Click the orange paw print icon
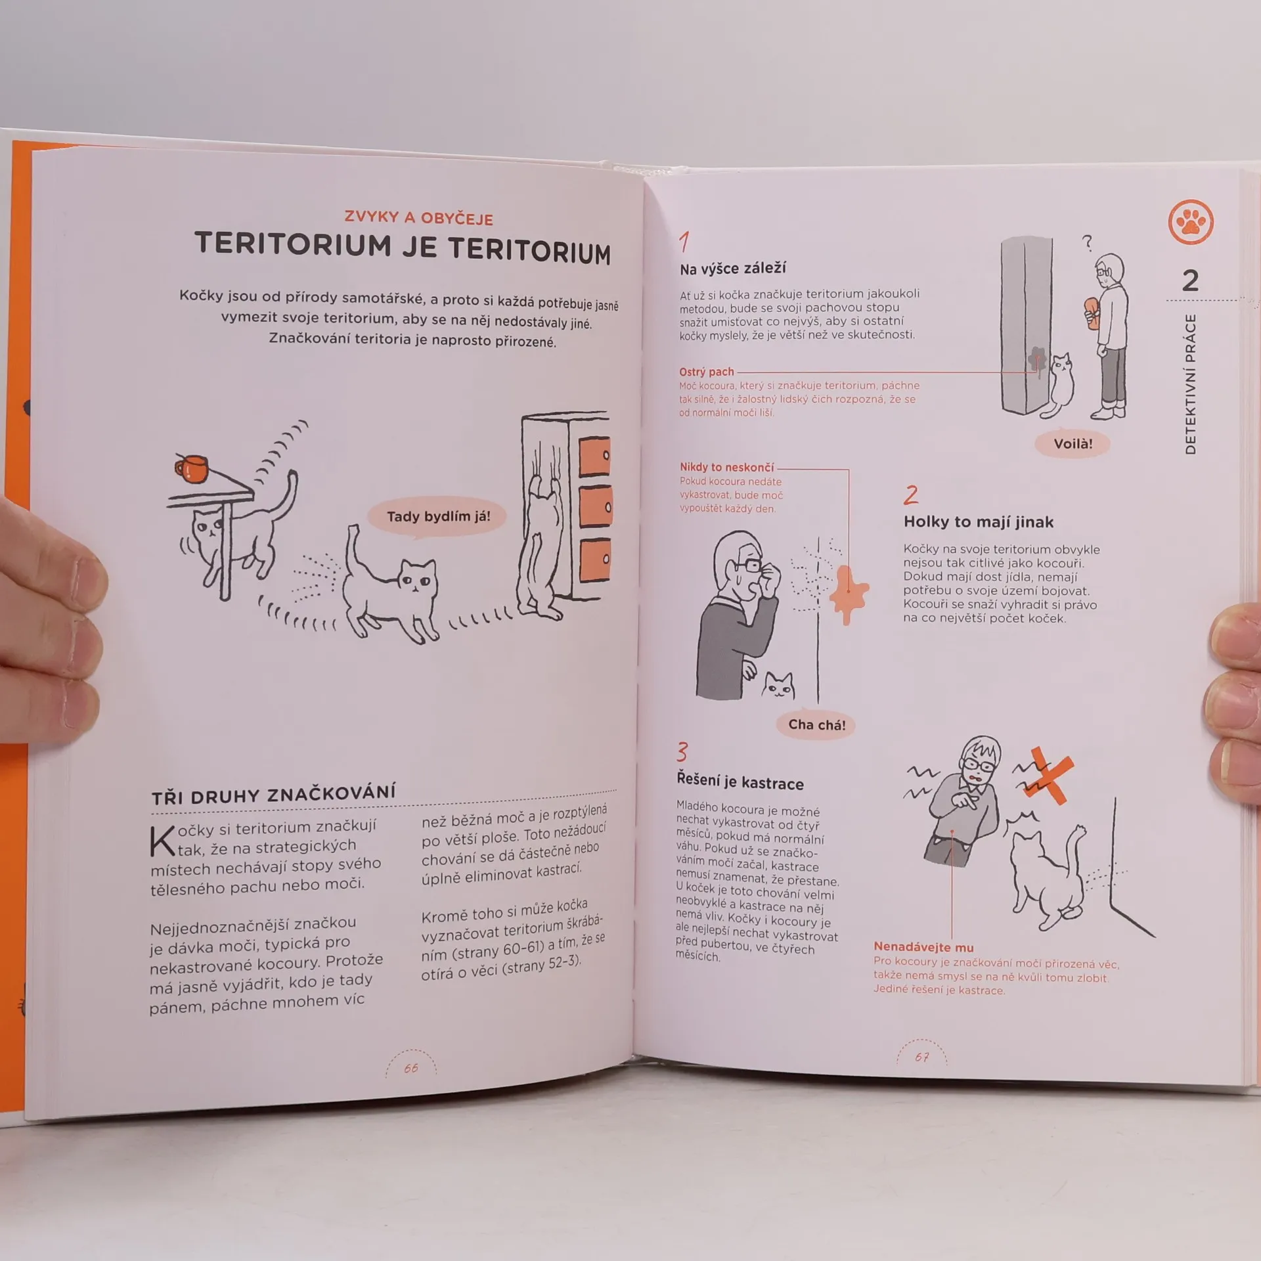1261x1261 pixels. [1191, 222]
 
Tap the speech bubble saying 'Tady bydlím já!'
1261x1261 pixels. [438, 517]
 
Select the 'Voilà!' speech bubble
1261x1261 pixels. [1073, 444]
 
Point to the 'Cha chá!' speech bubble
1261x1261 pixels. [816, 725]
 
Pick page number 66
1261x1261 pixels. [411, 1068]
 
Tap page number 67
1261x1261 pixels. [922, 1057]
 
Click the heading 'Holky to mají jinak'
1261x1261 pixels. [979, 522]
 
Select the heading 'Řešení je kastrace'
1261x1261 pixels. [740, 782]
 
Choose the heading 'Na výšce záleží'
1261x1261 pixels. [733, 269]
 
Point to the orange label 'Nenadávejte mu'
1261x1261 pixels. [923, 947]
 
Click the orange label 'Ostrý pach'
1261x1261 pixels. [707, 372]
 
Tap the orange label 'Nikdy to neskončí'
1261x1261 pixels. [727, 467]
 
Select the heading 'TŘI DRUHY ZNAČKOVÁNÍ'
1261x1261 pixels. [274, 794]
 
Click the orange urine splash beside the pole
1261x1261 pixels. [848, 592]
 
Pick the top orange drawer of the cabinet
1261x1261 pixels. [594, 456]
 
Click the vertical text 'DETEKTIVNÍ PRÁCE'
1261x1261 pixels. [1191, 384]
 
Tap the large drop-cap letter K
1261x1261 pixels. [162, 841]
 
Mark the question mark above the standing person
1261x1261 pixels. [1087, 243]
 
